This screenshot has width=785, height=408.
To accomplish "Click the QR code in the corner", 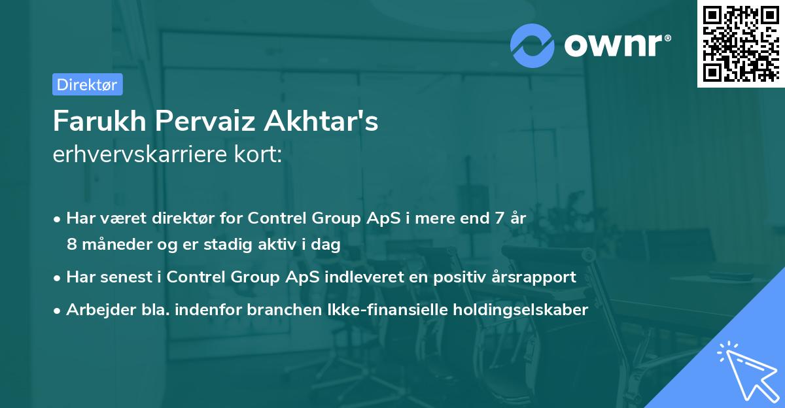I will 741,43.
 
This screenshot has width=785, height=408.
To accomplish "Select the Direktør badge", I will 87,84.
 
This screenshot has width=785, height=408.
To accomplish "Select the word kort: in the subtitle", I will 259,155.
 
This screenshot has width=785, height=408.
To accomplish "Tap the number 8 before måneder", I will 72,244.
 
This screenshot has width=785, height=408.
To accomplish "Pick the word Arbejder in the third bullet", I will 95,309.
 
